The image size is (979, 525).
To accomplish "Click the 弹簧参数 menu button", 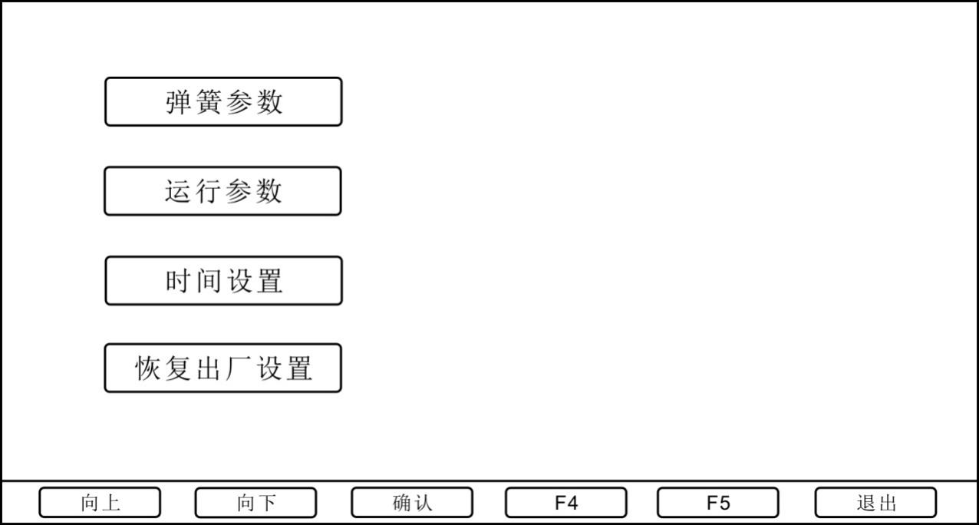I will [x=223, y=101].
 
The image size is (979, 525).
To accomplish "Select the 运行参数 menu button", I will [x=222, y=191].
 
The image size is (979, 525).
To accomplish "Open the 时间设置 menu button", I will [x=223, y=281].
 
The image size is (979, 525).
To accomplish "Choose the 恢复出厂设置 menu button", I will [x=222, y=368].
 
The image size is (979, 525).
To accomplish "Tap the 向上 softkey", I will [x=100, y=503].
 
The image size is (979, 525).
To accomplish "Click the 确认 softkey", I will [x=412, y=503].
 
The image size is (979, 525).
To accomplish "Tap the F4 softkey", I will [x=565, y=503].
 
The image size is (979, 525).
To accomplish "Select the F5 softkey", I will [x=718, y=503].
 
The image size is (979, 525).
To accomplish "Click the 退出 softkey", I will [x=875, y=503].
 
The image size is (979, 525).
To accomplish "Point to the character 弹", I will [x=179, y=102].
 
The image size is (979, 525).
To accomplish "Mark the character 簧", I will [x=209, y=102].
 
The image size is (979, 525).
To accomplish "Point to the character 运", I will [x=178, y=191].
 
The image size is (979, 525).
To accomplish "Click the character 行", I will [x=208, y=191].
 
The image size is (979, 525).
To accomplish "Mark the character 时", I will [x=179, y=281].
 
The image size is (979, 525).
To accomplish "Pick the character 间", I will [x=209, y=281].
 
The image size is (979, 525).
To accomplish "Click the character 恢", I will [x=148, y=368].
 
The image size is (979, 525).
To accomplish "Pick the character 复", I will [x=179, y=368].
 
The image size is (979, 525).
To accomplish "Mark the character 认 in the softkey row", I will [x=423, y=503].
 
